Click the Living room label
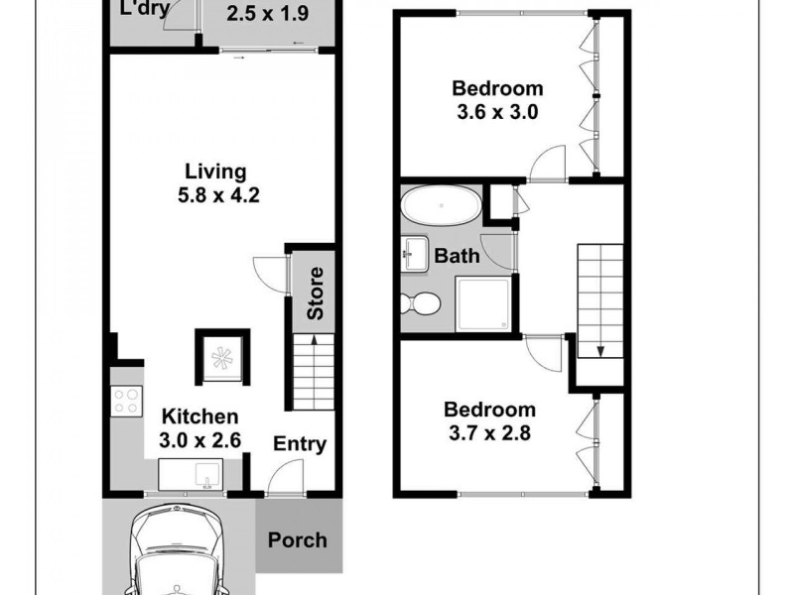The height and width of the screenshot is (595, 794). [213, 171]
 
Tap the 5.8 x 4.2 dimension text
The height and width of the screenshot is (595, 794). [213, 195]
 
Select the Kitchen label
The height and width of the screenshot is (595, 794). [200, 416]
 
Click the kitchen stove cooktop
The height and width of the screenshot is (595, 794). [127, 400]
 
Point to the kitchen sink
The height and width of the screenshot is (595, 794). [206, 475]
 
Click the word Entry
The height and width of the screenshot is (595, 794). [300, 443]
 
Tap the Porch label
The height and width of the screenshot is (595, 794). [297, 540]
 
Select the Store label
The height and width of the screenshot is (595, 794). [316, 294]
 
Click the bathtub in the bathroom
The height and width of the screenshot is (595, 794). [440, 208]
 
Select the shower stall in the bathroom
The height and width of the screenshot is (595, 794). [483, 303]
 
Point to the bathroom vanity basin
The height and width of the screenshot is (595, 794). [415, 253]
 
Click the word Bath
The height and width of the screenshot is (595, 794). [458, 256]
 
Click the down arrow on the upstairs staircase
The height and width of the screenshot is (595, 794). [600, 349]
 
